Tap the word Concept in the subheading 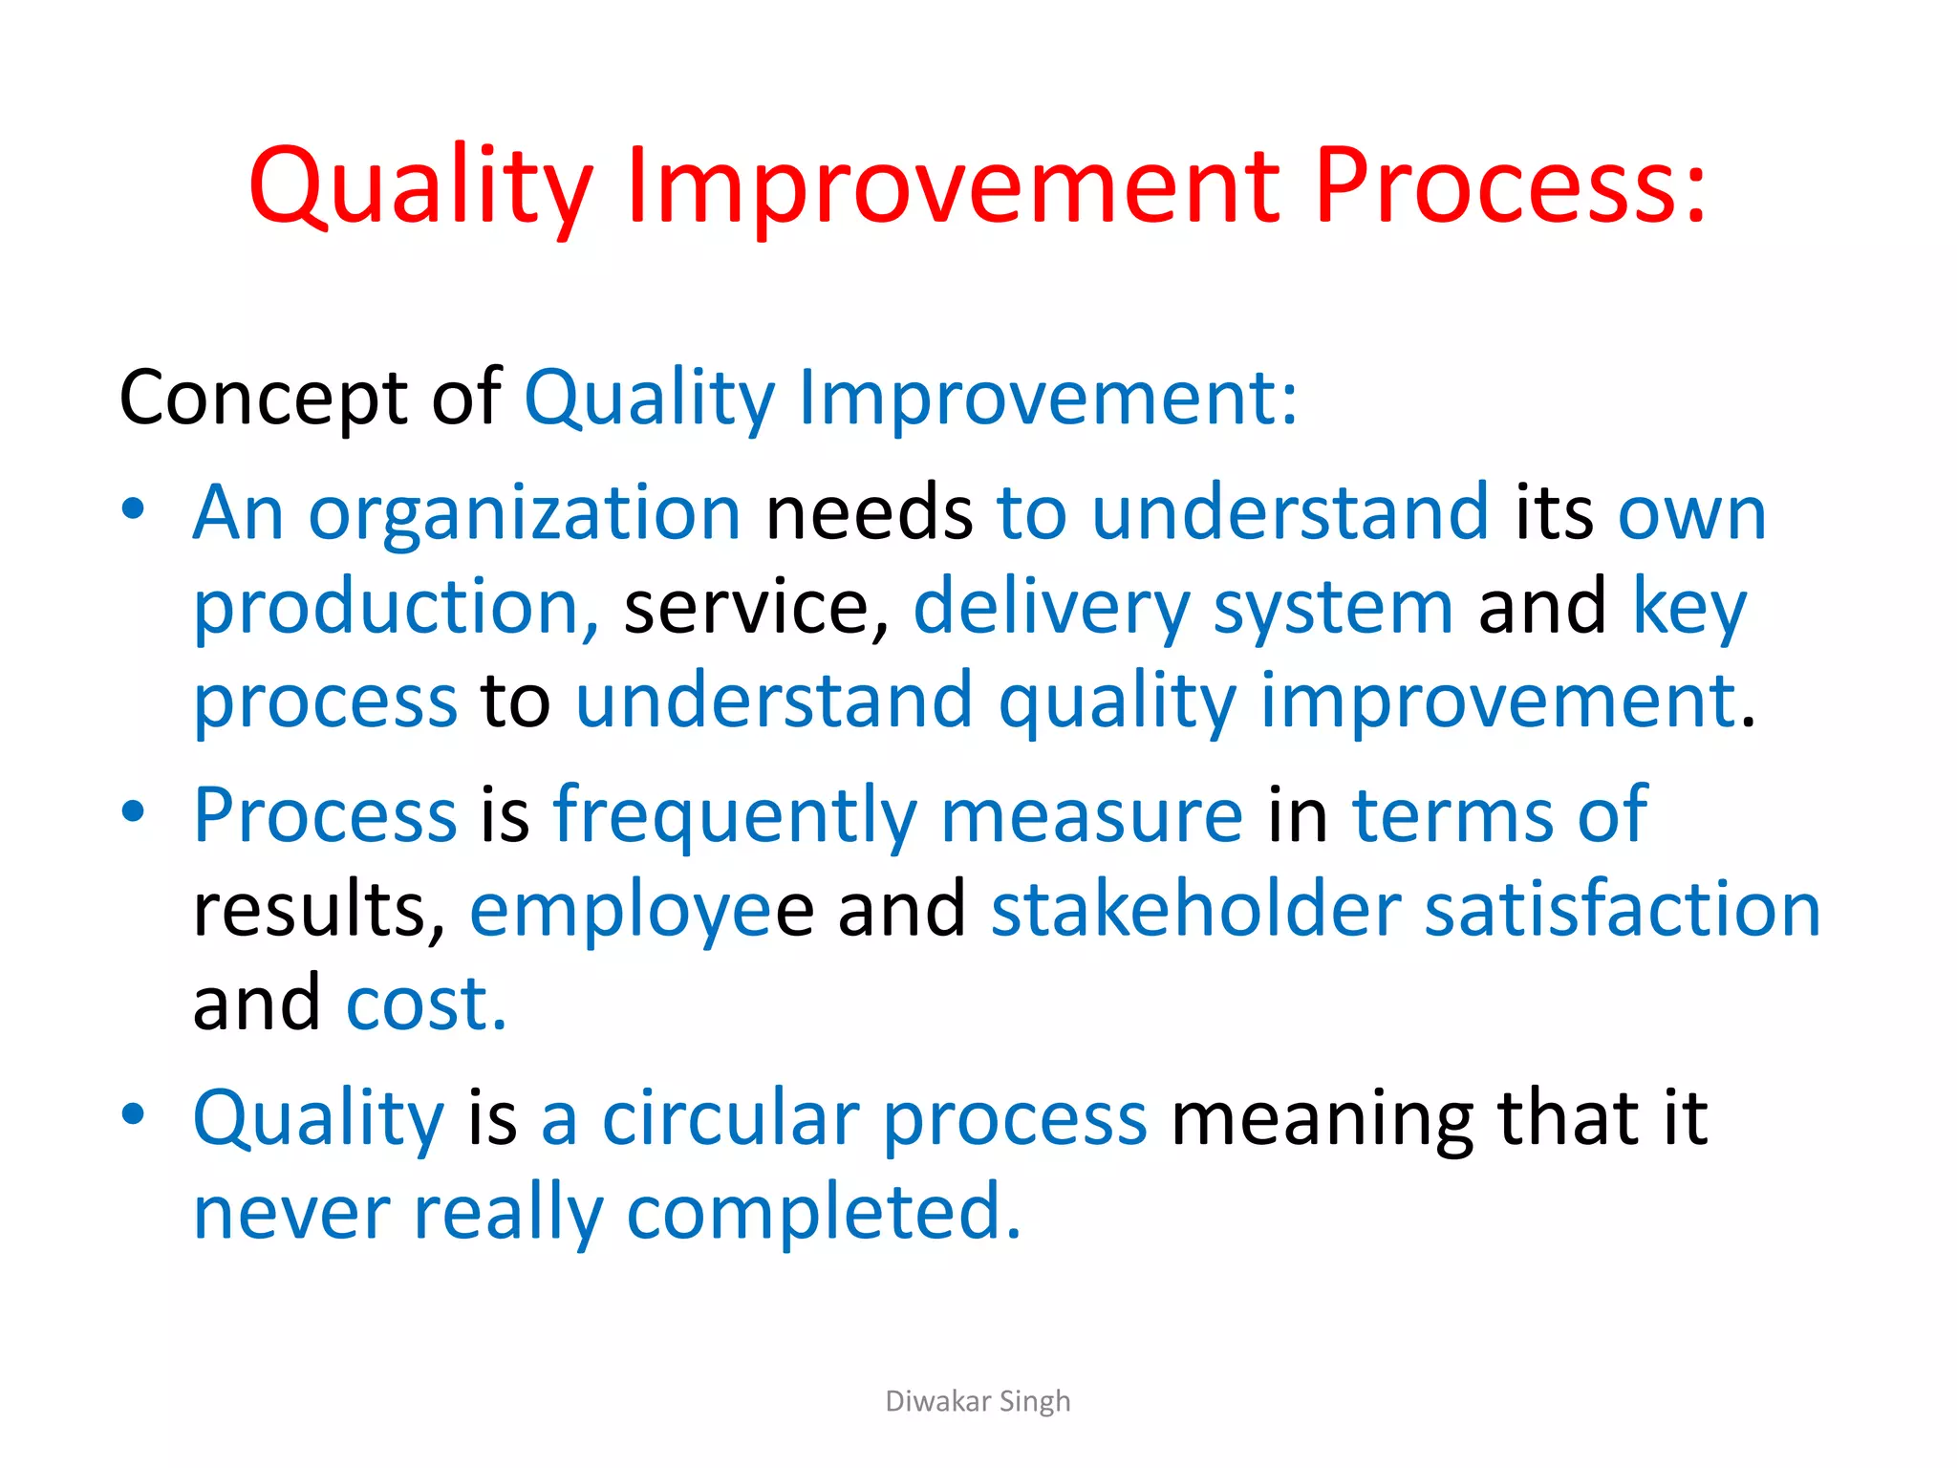[x=263, y=399]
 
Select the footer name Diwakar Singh [x=978, y=1401]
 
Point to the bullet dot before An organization [x=134, y=508]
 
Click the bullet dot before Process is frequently [x=134, y=811]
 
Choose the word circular [x=730, y=1118]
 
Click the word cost [x=425, y=1004]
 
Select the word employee [x=640, y=912]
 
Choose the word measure [x=1091, y=816]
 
